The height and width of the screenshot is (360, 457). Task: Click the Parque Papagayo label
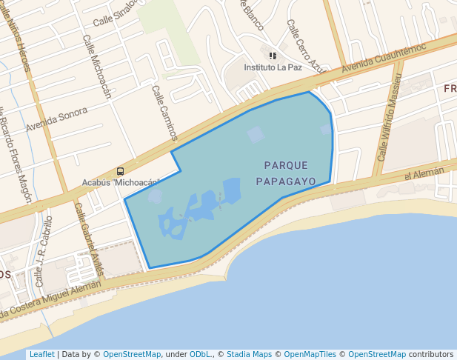tap(286, 173)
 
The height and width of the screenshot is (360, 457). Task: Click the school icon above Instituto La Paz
tap(273, 55)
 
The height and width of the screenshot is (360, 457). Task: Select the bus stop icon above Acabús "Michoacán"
tap(120, 171)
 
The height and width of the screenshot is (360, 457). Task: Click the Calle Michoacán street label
tap(96, 67)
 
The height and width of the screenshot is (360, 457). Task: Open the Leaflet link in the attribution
tap(41, 354)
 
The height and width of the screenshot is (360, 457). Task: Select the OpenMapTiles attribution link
tap(312, 354)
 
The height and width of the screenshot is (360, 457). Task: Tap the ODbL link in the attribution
tap(200, 354)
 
